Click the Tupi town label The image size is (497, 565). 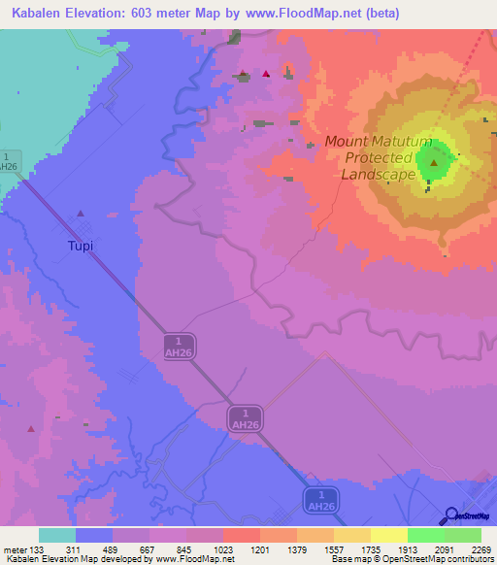(81, 246)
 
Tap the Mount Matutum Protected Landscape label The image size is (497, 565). (379, 158)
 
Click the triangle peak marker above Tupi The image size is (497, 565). (81, 214)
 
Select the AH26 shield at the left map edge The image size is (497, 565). (9, 161)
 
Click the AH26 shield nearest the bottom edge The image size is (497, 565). (320, 500)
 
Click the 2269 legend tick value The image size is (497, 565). (481, 549)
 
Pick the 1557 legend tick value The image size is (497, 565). (334, 549)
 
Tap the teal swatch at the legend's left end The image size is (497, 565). (57, 535)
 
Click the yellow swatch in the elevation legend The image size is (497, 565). (388, 535)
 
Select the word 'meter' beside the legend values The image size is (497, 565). (15, 549)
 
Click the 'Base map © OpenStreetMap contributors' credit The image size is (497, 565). (412, 559)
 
